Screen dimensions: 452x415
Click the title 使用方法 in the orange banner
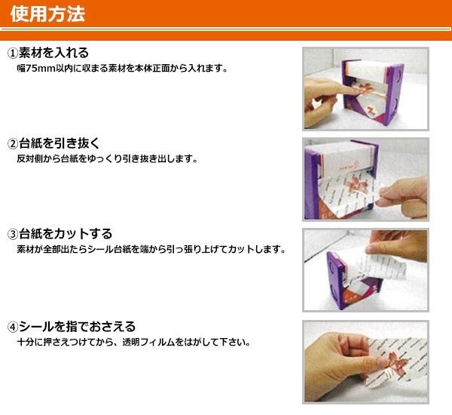pyautogui.click(x=47, y=14)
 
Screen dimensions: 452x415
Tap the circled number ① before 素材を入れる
pyautogui.click(x=13, y=53)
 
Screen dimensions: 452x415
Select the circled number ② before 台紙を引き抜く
pyautogui.click(x=13, y=143)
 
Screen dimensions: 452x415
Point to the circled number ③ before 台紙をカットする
pyautogui.click(x=13, y=234)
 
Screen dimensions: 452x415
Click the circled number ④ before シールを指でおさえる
pyautogui.click(x=13, y=327)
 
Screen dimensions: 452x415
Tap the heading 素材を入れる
pyautogui.click(x=53, y=53)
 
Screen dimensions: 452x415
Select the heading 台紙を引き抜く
pyautogui.click(x=60, y=143)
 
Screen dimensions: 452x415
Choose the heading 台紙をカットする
pyautogui.click(x=66, y=234)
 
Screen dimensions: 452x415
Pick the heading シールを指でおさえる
pyautogui.click(x=78, y=327)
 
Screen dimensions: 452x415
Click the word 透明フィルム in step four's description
pyautogui.click(x=148, y=343)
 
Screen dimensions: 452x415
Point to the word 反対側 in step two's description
pyautogui.click(x=29, y=159)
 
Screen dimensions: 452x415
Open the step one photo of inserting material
pyautogui.click(x=365, y=89)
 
